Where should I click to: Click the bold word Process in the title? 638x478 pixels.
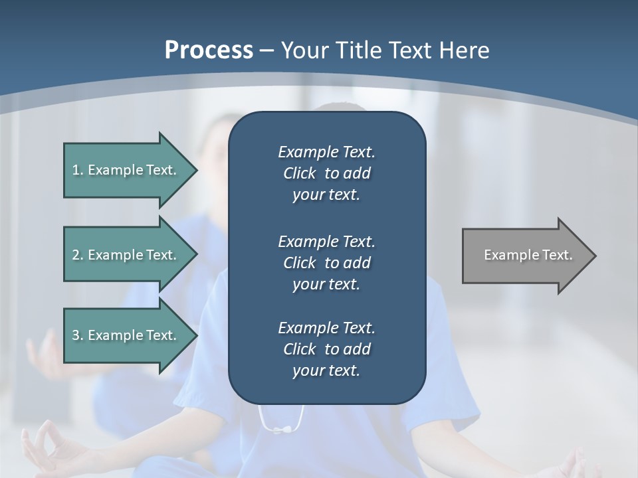pos(209,50)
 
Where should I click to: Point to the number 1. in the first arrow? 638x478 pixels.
pos(77,170)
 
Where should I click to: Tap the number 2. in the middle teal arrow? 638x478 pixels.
pos(77,255)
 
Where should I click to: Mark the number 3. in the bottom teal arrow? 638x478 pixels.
pos(77,335)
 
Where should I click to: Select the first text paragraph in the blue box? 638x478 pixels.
pos(326,173)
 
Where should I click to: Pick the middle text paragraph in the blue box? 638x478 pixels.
pos(326,263)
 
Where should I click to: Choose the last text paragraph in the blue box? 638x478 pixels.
pos(326,349)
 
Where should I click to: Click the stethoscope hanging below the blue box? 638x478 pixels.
pos(282,421)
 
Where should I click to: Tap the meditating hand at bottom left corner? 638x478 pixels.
pos(47,448)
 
